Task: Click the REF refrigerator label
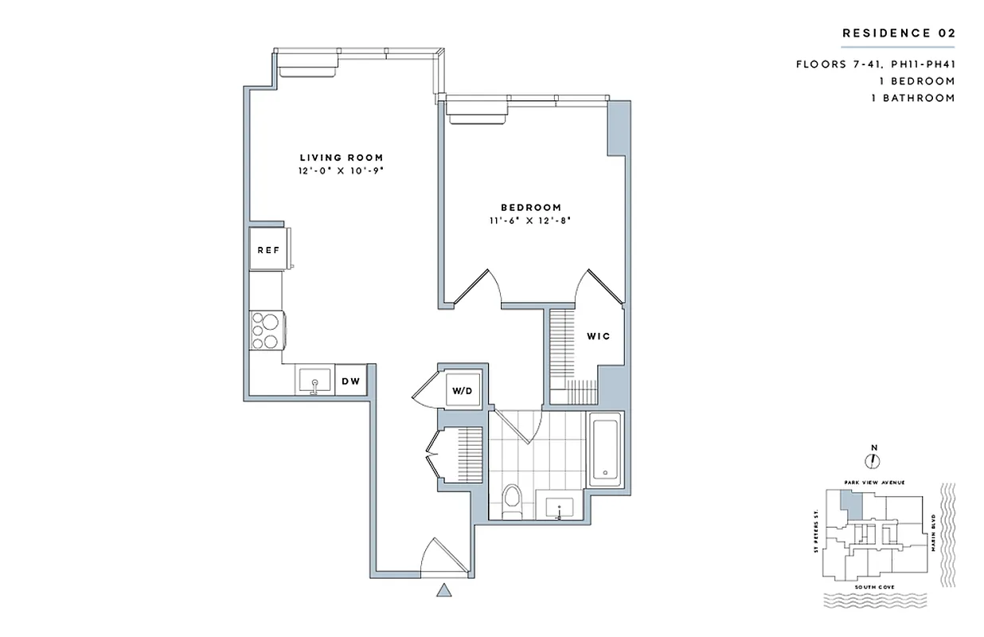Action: pyautogui.click(x=268, y=250)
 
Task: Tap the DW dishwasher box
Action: pyautogui.click(x=351, y=381)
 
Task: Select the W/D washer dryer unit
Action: pyautogui.click(x=462, y=391)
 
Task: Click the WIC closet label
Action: pyautogui.click(x=599, y=336)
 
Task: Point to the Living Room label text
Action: pyautogui.click(x=342, y=158)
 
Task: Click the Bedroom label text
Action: pyautogui.click(x=531, y=207)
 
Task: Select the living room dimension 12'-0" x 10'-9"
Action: pyautogui.click(x=342, y=171)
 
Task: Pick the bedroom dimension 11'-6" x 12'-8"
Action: pyautogui.click(x=531, y=221)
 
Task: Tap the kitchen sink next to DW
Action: pyautogui.click(x=314, y=381)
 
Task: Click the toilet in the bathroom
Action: pyautogui.click(x=513, y=502)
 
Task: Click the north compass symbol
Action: pyautogui.click(x=873, y=459)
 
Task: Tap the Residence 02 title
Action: pyautogui.click(x=898, y=33)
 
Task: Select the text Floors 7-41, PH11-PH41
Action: pyautogui.click(x=875, y=64)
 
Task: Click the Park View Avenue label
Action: pyautogui.click(x=873, y=483)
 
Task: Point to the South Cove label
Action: pyautogui.click(x=873, y=587)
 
